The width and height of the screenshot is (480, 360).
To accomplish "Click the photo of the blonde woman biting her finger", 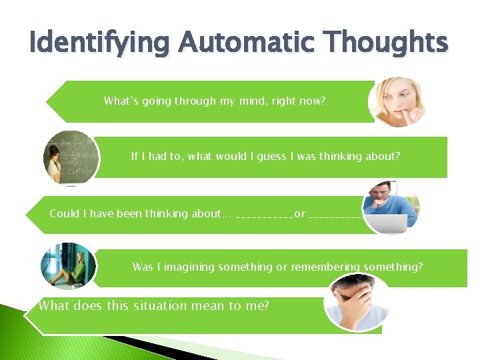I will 397,101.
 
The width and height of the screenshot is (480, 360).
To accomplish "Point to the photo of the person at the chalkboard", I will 70,157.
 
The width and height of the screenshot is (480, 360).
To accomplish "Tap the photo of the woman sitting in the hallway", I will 67,266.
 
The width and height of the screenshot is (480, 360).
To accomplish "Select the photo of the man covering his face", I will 355,301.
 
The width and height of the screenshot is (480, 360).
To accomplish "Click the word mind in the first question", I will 258,101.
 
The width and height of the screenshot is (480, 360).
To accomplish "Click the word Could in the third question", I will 64,213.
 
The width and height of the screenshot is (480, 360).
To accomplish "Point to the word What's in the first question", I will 122,101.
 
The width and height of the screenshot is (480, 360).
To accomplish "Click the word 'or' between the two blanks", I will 300,214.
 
